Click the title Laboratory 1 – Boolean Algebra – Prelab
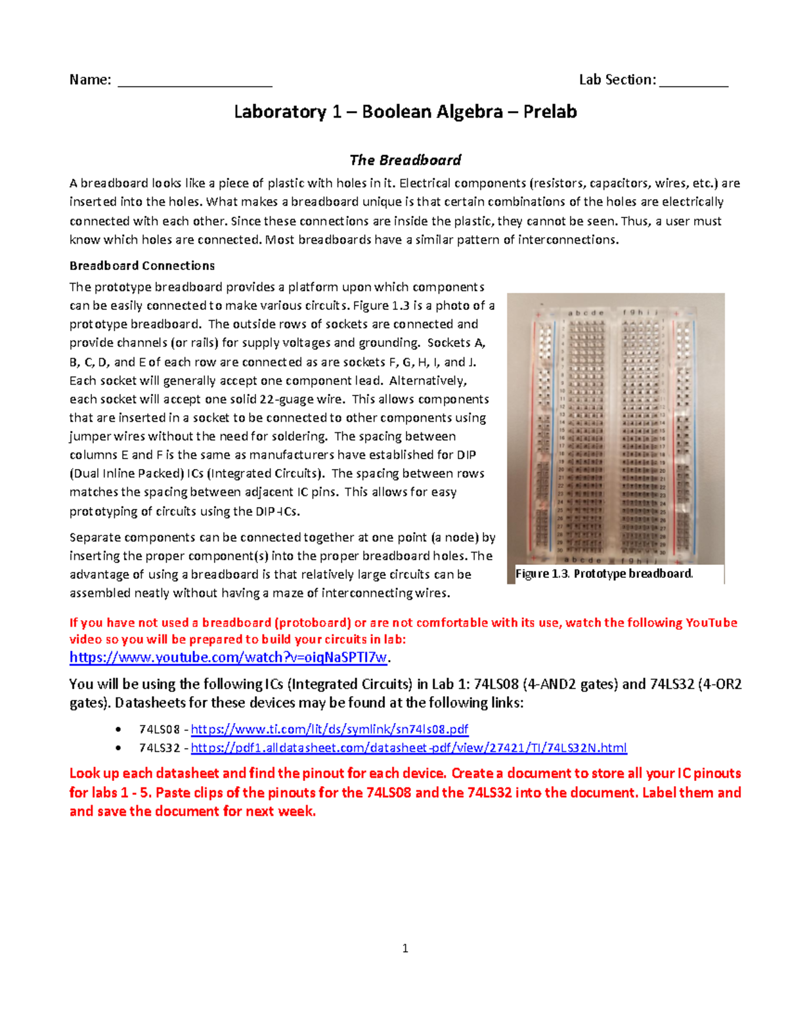pos(405,112)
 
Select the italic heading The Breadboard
pos(405,160)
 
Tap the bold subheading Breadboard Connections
pos(142,266)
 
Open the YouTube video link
pos(229,657)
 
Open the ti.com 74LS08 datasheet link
pos(329,729)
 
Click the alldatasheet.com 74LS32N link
pos(408,747)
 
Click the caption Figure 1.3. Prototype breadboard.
pos(603,573)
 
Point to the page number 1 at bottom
pos(405,948)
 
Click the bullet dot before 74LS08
pos(118,730)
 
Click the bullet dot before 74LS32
pos(118,748)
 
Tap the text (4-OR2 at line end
pos(716,684)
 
